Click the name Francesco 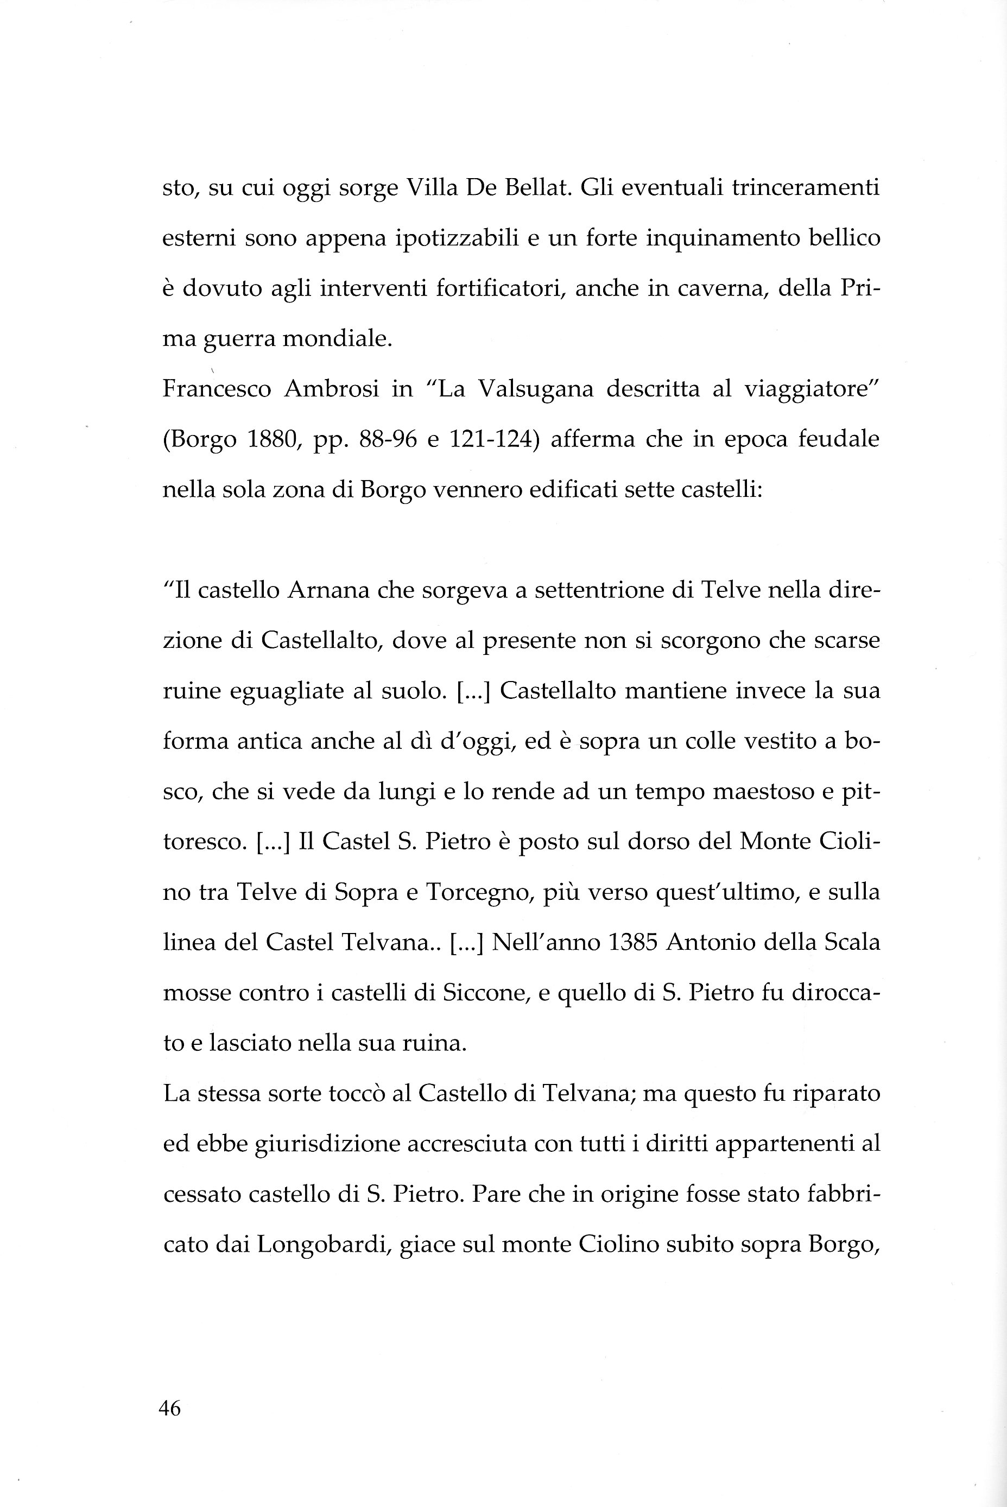pyautogui.click(x=217, y=389)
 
